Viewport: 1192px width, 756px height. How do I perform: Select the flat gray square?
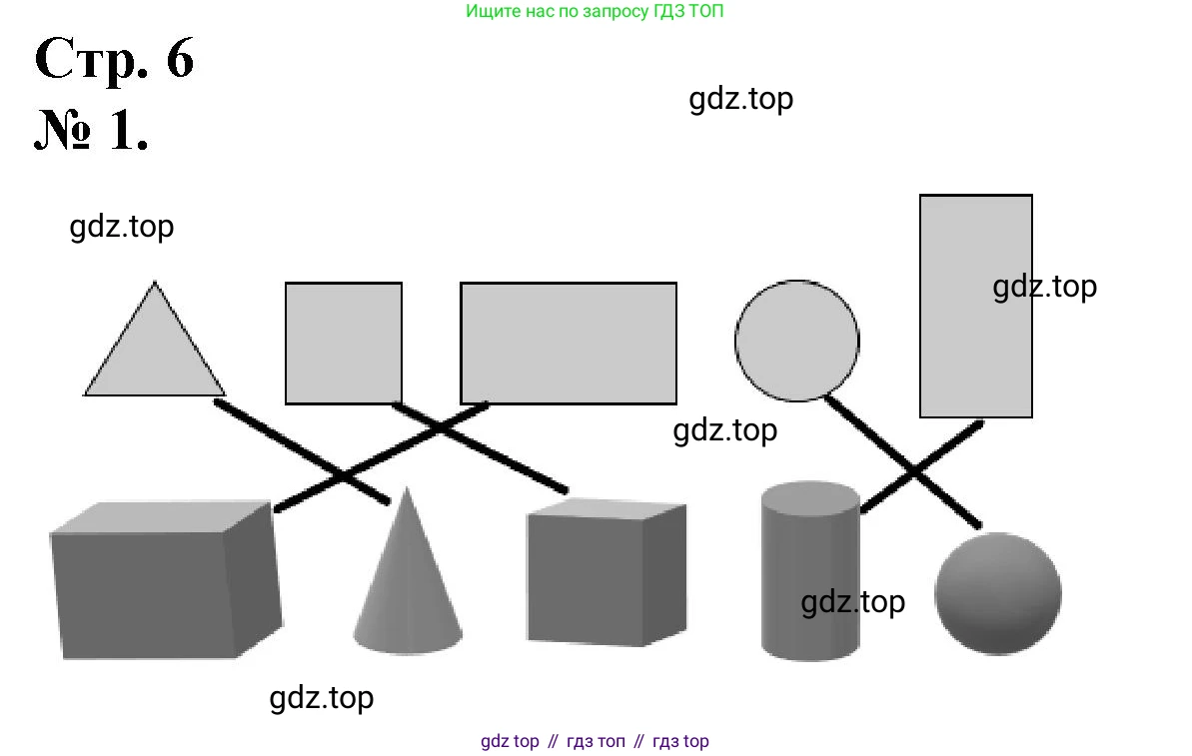pyautogui.click(x=344, y=344)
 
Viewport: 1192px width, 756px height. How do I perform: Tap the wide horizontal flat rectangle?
pyautogui.click(x=568, y=344)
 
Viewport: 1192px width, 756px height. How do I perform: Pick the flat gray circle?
pyautogui.click(x=796, y=341)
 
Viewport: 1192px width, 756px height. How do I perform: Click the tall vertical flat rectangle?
pyautogui.click(x=975, y=306)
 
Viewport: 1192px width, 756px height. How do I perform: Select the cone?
pyautogui.click(x=408, y=589)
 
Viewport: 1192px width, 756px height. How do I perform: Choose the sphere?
pyautogui.click(x=997, y=594)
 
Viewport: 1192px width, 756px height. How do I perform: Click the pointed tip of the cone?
pyautogui.click(x=407, y=489)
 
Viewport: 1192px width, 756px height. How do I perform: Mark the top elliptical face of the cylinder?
pyautogui.click(x=809, y=496)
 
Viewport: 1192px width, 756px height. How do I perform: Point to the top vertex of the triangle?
pyautogui.click(x=154, y=283)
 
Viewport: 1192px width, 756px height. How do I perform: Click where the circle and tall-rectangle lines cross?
pyautogui.click(x=914, y=470)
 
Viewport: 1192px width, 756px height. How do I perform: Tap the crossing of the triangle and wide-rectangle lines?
pyautogui.click(x=344, y=476)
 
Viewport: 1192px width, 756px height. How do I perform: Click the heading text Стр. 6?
pyautogui.click(x=114, y=60)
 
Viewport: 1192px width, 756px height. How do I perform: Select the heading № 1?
pyautogui.click(x=92, y=130)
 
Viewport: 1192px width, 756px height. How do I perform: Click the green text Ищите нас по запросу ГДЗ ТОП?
pyautogui.click(x=595, y=12)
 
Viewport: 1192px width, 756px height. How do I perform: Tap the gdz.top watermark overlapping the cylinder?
pyautogui.click(x=852, y=602)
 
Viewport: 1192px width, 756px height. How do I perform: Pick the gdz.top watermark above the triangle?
pyautogui.click(x=121, y=227)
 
